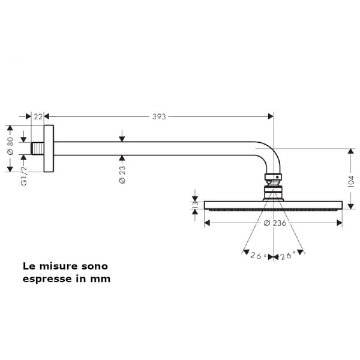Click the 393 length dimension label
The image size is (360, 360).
click(x=159, y=116)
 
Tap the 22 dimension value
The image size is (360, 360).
click(x=38, y=116)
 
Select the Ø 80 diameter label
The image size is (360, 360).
click(x=10, y=146)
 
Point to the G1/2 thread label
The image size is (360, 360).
click(x=24, y=176)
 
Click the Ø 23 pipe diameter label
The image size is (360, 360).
click(x=122, y=175)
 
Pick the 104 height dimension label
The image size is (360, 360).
click(x=351, y=182)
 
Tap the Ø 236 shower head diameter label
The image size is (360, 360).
click(x=275, y=223)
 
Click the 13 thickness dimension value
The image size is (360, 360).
click(x=195, y=205)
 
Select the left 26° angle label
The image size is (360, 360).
click(x=259, y=256)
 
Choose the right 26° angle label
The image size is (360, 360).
click(x=288, y=255)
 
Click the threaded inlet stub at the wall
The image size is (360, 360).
click(x=37, y=149)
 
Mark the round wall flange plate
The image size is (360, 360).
click(x=49, y=149)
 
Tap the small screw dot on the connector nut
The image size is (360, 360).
click(x=277, y=177)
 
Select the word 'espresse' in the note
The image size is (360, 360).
click(x=47, y=279)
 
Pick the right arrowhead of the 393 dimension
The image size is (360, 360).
click(x=271, y=116)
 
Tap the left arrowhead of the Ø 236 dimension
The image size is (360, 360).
click(x=207, y=223)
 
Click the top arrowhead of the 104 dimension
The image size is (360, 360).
click(x=350, y=151)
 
